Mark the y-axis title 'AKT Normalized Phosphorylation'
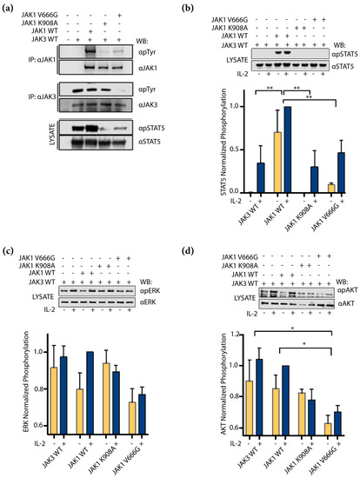click(x=203, y=383)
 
